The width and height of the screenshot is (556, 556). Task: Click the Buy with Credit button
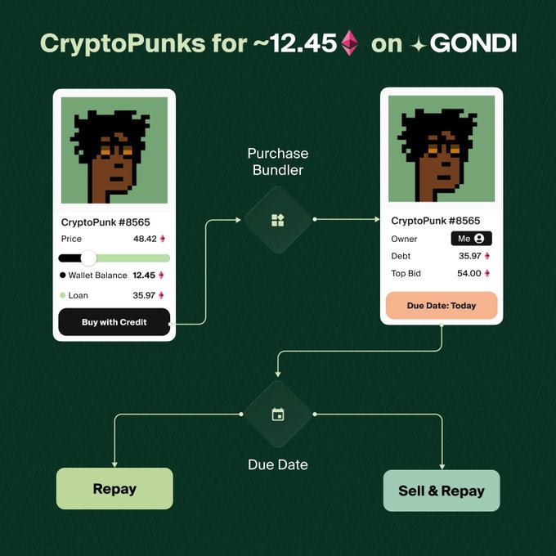(114, 322)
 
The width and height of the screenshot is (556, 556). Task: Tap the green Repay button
(114, 489)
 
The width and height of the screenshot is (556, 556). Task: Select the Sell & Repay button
(442, 491)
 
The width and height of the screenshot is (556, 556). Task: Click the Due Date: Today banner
(442, 305)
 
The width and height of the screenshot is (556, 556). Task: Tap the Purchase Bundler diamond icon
(278, 220)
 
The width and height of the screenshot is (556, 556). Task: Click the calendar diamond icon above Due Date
(278, 415)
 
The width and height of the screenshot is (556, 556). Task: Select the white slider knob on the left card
(88, 258)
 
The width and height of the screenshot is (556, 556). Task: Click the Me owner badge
(471, 239)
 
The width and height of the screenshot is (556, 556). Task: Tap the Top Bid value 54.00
(469, 273)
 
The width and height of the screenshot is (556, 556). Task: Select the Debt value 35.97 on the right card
(469, 256)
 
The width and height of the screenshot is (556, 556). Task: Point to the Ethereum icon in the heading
(350, 43)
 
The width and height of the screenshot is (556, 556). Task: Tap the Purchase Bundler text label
(277, 162)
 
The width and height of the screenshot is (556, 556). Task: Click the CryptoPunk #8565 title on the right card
(436, 221)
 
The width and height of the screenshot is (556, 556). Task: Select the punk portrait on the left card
(114, 150)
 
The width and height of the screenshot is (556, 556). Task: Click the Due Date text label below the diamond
(278, 464)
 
